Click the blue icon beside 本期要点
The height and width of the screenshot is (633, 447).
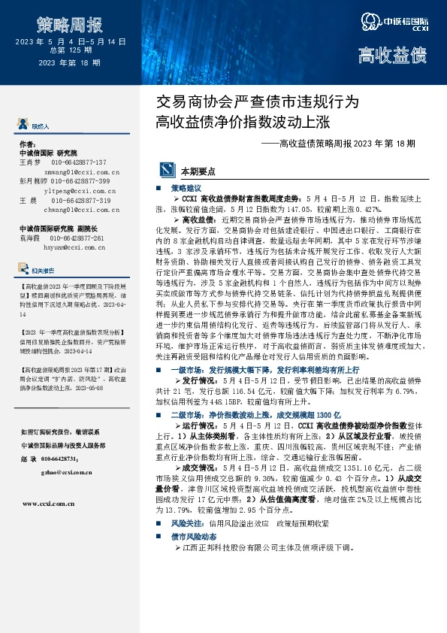(161, 171)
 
